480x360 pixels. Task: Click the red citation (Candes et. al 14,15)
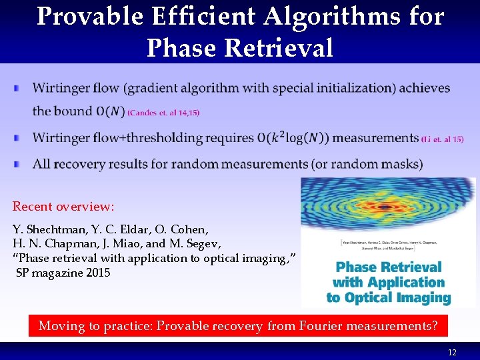tap(163, 113)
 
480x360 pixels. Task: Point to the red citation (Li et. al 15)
tap(443, 139)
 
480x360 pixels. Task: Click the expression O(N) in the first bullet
tap(110, 111)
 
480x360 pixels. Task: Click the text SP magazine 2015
tap(64, 273)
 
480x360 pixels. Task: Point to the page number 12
tap(452, 353)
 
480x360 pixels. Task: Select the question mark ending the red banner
tap(434, 326)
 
